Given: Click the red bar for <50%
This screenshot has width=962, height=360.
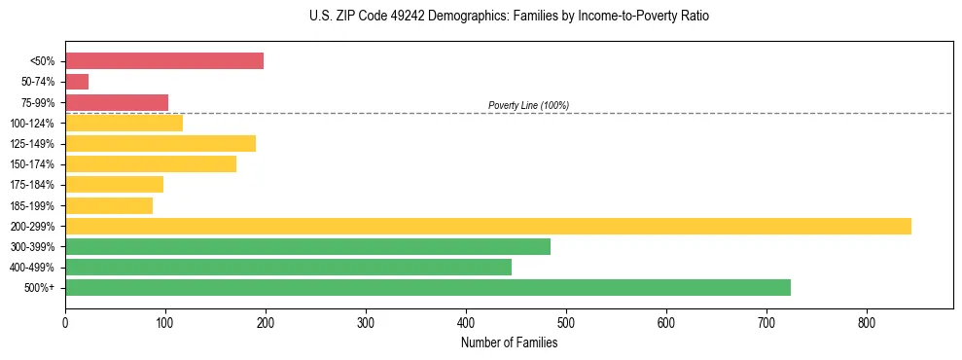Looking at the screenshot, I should [163, 61].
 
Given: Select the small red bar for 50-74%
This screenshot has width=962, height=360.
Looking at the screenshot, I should [77, 82].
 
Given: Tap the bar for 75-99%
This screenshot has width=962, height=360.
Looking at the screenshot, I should [117, 102].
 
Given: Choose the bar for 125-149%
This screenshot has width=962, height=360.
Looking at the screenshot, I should [160, 143].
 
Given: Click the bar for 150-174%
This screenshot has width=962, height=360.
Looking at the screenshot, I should [151, 164].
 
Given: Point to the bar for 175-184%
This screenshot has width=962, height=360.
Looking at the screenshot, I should [114, 185].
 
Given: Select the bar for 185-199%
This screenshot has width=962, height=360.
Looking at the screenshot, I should [109, 205].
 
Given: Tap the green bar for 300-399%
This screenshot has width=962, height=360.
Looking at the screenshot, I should [307, 246].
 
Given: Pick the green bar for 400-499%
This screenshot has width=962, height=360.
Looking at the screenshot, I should [288, 267].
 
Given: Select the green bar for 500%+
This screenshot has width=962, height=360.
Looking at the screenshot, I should [428, 287].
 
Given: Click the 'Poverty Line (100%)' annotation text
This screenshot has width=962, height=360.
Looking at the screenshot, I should [528, 105].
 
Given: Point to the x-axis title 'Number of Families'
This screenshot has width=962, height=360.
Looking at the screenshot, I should [509, 342].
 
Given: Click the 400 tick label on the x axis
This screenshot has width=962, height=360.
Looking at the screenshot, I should [466, 323].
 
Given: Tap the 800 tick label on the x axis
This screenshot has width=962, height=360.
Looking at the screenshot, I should [867, 323].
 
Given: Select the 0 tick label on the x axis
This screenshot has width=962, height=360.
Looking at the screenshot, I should [65, 323].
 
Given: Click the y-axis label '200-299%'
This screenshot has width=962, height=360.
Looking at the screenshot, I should [32, 227].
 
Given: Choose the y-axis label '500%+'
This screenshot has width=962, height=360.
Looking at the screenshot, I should [39, 288].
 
